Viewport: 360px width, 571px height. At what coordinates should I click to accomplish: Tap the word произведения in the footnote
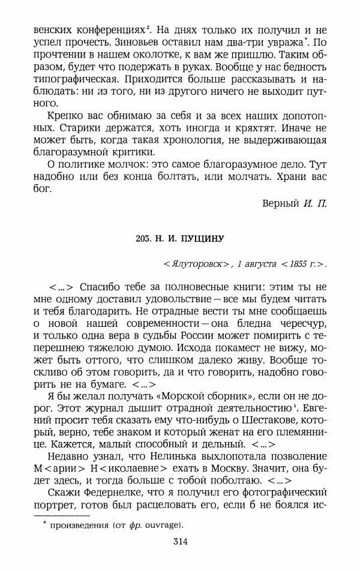[x=77, y=525]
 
